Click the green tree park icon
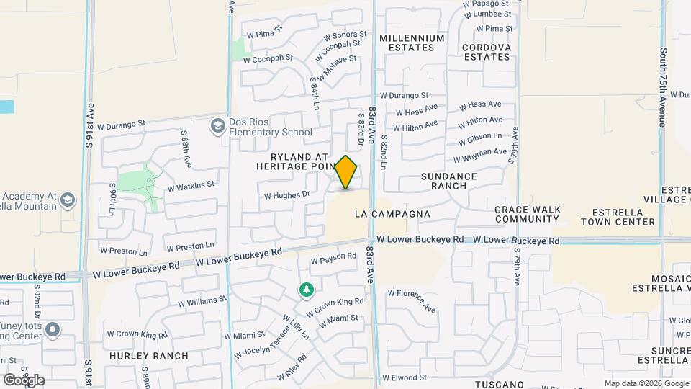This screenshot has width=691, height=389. click(x=307, y=290)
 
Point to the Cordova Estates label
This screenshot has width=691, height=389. click(x=486, y=52)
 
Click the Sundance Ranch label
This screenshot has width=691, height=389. click(x=449, y=181)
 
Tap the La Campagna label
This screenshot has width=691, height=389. click(x=392, y=214)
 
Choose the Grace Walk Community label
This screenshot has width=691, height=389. click(x=527, y=214)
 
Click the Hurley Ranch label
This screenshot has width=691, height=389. click(x=149, y=356)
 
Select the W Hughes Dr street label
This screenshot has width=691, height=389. click(x=286, y=194)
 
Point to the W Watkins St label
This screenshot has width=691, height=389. click(x=191, y=186)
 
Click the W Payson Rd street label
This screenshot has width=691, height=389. click(x=333, y=257)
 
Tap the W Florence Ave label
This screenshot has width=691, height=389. click(x=412, y=300)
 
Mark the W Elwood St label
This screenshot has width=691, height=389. click(x=405, y=377)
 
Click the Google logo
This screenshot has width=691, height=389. click(x=23, y=380)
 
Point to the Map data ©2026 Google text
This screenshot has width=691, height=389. click(x=646, y=383)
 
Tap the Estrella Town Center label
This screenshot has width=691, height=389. click(x=623, y=217)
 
